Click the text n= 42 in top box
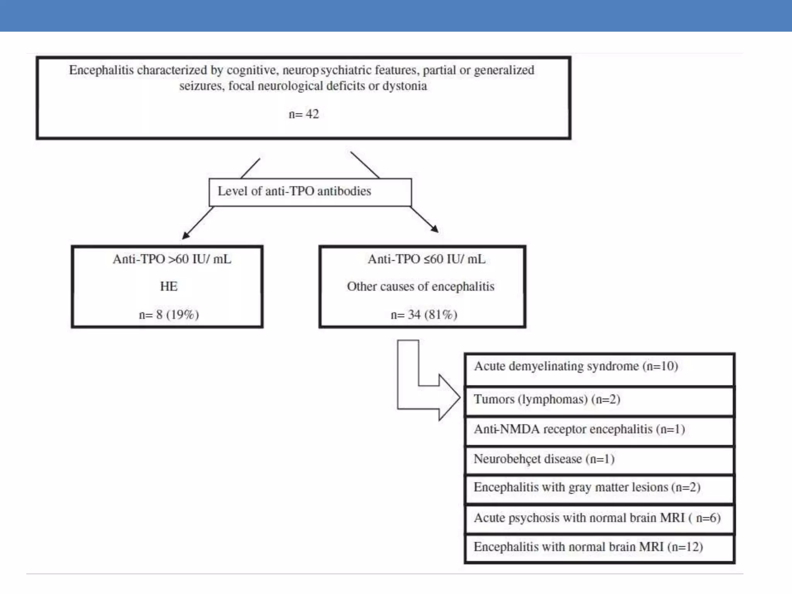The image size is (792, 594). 304,114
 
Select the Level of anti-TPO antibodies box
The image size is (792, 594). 310,192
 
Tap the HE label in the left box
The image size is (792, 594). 169,287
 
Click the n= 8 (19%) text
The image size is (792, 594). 169,315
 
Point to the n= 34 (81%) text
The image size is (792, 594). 424,315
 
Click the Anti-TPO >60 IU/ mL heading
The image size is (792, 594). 172,259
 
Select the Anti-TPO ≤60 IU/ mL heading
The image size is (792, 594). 426,259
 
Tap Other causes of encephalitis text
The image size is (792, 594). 420,287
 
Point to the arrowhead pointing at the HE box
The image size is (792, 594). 186,235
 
